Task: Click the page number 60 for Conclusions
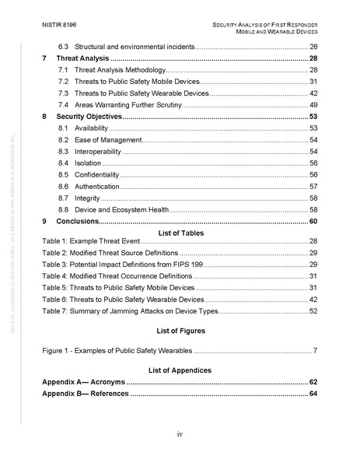pos(313,222)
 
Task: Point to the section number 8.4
pos(65,163)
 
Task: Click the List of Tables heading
pos(180,233)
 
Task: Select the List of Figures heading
pos(180,331)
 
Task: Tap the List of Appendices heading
pos(180,370)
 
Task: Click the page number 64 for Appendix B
pos(313,394)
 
